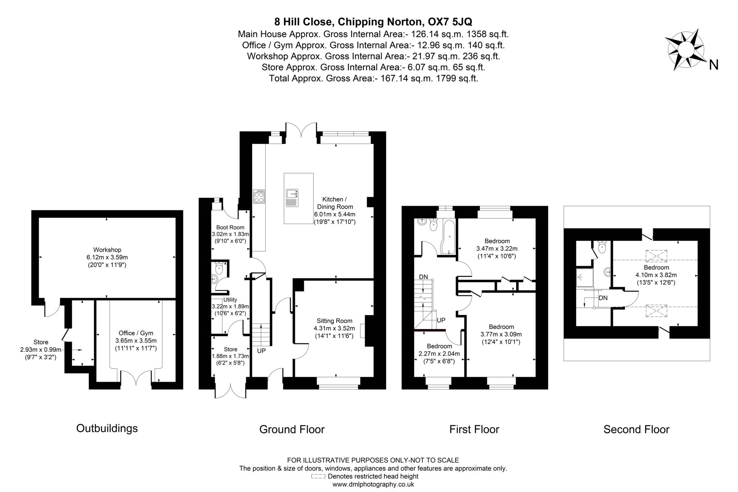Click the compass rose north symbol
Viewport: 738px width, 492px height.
point(685,54)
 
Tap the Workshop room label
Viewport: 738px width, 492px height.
point(107,250)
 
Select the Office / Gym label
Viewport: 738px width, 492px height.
point(136,333)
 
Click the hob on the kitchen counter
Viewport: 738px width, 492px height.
point(259,197)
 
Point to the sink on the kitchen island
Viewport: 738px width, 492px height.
point(292,198)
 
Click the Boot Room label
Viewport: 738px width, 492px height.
point(230,227)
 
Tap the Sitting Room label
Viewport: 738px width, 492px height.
point(334,321)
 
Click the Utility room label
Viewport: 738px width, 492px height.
point(230,299)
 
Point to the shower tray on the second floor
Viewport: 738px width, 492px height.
point(584,277)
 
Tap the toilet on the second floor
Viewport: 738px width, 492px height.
point(602,247)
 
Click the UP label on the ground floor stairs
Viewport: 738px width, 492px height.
point(261,350)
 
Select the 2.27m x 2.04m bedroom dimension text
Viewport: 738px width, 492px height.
point(439,353)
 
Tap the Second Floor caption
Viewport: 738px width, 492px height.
point(636,429)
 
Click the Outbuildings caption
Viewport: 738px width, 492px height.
point(107,428)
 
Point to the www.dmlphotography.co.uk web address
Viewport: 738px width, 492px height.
point(373,484)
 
